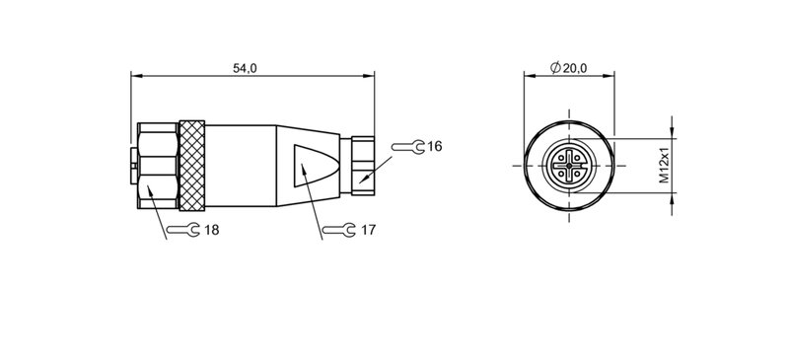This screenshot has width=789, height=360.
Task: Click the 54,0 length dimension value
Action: [245, 68]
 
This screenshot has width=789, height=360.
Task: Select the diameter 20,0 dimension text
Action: [574, 68]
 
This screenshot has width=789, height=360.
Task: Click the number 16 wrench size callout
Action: [434, 147]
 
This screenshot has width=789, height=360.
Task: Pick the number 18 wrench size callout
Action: [211, 230]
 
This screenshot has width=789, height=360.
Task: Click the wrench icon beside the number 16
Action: [408, 147]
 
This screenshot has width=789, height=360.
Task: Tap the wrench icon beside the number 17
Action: [340, 230]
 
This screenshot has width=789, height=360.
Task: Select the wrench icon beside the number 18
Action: [183, 230]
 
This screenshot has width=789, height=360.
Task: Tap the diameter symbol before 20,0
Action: [555, 68]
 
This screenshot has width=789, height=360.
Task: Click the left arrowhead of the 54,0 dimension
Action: [137, 76]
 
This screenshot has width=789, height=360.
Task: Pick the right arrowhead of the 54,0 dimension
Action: [370, 76]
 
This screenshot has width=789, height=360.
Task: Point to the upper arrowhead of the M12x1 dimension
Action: [674, 131]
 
